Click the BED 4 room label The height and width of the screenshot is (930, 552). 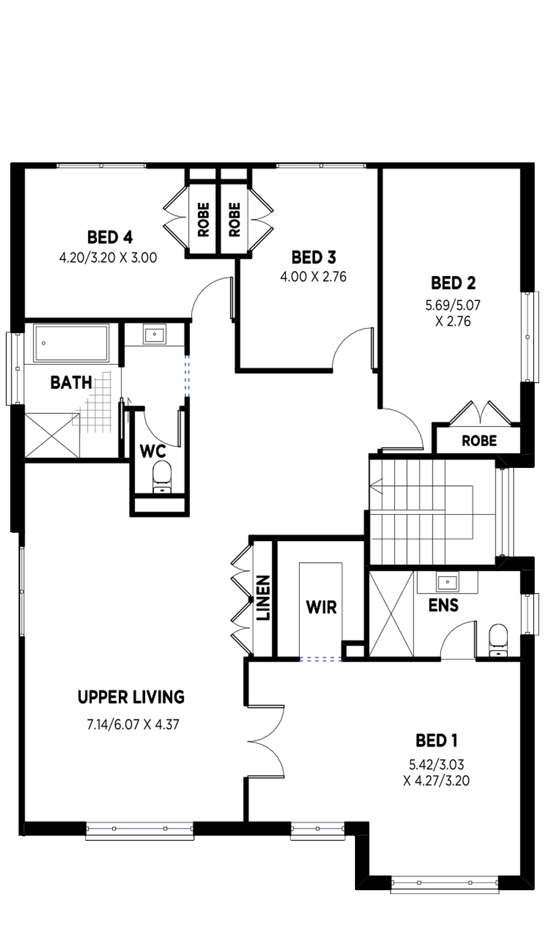tap(110, 237)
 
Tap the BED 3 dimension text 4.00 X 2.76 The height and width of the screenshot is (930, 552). tap(313, 277)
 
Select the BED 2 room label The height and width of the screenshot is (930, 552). tap(453, 283)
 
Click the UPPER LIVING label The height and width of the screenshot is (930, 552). tap(131, 697)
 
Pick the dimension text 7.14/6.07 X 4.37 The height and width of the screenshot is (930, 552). tap(133, 725)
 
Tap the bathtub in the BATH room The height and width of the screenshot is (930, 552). tap(71, 343)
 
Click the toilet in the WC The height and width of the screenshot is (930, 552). tap(162, 478)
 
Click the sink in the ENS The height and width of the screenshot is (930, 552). tap(447, 582)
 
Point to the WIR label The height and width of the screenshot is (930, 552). tap(321, 607)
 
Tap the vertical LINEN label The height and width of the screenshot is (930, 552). tap(263, 598)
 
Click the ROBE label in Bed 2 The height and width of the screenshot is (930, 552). tap(479, 440)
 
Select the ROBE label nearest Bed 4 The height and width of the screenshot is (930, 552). tap(203, 220)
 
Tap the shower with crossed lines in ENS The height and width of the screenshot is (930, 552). tap(392, 614)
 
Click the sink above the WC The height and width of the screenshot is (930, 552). tap(155, 334)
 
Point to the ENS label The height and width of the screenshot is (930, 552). tap(444, 605)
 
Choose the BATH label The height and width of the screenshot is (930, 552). tap(71, 383)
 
